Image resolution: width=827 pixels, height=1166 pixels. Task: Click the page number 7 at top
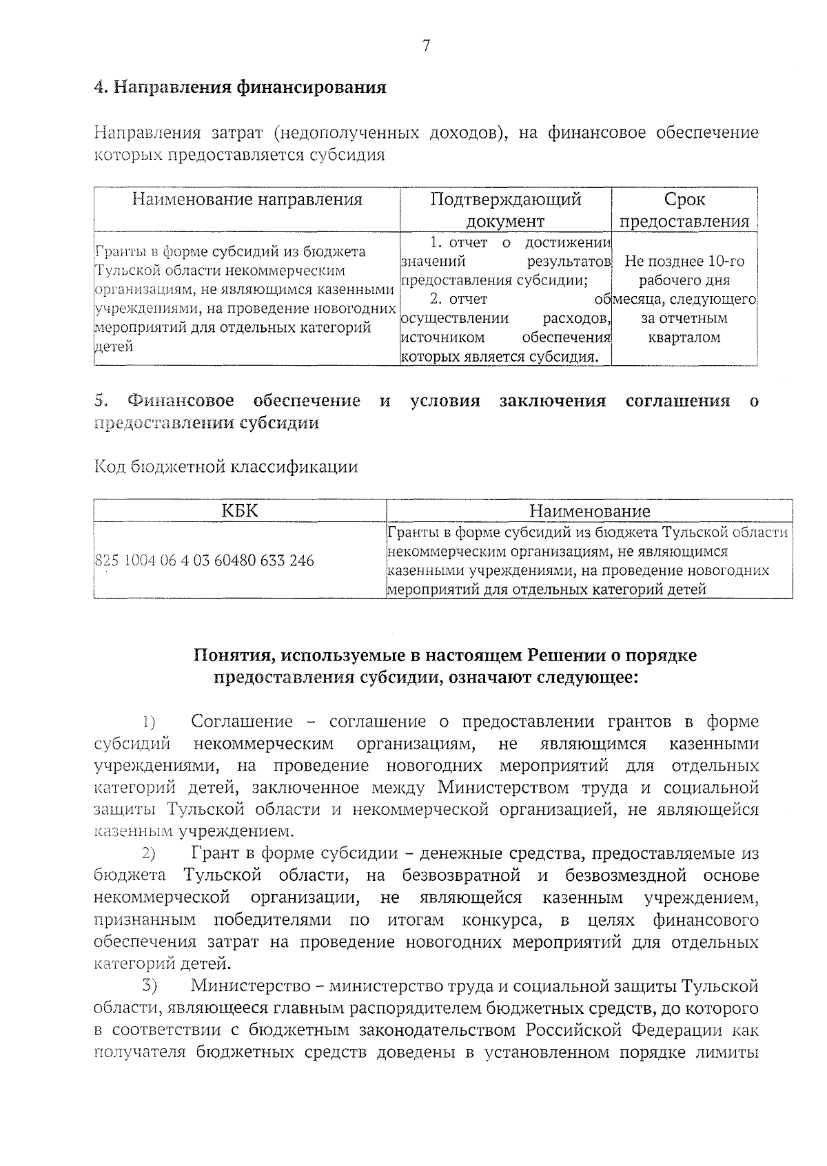click(x=426, y=46)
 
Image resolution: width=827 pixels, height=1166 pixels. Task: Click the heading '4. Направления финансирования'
click(x=239, y=87)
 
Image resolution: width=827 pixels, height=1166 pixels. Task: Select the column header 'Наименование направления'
click(x=247, y=200)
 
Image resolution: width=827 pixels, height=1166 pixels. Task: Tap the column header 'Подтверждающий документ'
click(x=505, y=210)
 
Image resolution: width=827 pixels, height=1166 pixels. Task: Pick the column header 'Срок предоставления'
click(x=684, y=210)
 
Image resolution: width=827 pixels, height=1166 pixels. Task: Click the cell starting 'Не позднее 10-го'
click(x=684, y=262)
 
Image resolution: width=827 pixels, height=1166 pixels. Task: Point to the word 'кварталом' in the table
click(x=684, y=337)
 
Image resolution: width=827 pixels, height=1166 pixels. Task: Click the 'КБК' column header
click(x=240, y=510)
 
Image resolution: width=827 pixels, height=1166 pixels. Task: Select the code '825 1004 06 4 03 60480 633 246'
click(x=204, y=561)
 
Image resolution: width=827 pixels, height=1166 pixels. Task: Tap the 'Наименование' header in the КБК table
click(x=589, y=511)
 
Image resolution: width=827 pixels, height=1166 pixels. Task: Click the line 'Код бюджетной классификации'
click(x=225, y=467)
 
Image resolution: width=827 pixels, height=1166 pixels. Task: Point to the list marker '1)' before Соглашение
click(x=149, y=722)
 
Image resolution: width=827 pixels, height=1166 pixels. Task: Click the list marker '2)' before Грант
click(x=149, y=855)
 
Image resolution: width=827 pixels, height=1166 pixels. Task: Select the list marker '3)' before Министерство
click(x=149, y=987)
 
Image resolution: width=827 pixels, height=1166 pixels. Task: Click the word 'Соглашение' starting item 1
click(x=242, y=722)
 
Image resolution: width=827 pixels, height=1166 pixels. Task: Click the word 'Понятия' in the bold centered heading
click(x=232, y=655)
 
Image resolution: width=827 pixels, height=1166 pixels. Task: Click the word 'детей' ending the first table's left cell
click(x=114, y=346)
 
